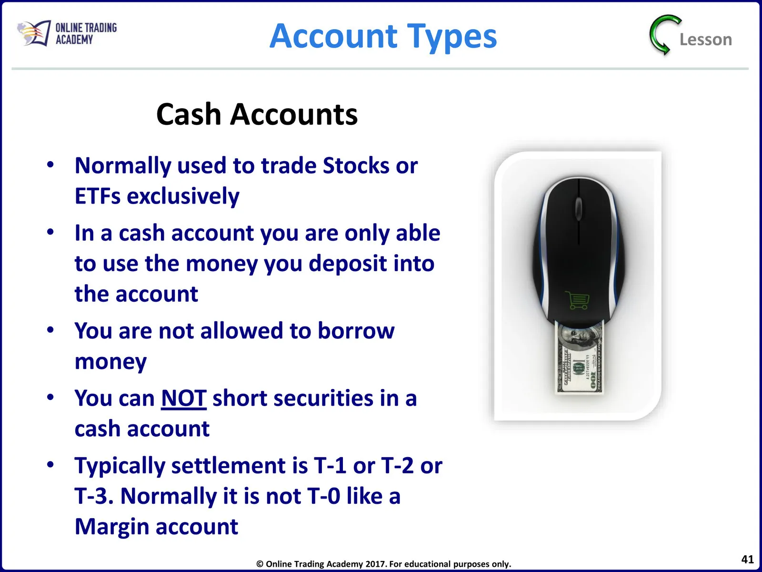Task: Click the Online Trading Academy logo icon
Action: (x=34, y=33)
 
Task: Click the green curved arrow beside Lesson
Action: (x=664, y=35)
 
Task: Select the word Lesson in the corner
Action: (x=706, y=40)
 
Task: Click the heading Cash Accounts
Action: (x=257, y=114)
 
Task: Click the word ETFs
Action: (x=97, y=196)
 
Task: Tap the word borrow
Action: (x=356, y=330)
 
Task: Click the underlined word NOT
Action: (x=184, y=398)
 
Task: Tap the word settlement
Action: (x=240, y=465)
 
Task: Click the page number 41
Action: (x=747, y=559)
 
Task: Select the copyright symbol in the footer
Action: (x=260, y=564)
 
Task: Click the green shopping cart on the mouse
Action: (x=577, y=300)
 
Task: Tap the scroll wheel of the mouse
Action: (x=579, y=208)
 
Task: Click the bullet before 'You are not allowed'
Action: (x=50, y=329)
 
